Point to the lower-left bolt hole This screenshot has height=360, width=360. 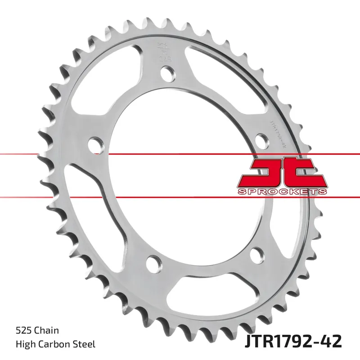point(153,262)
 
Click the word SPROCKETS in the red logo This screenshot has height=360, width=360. point(281,192)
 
